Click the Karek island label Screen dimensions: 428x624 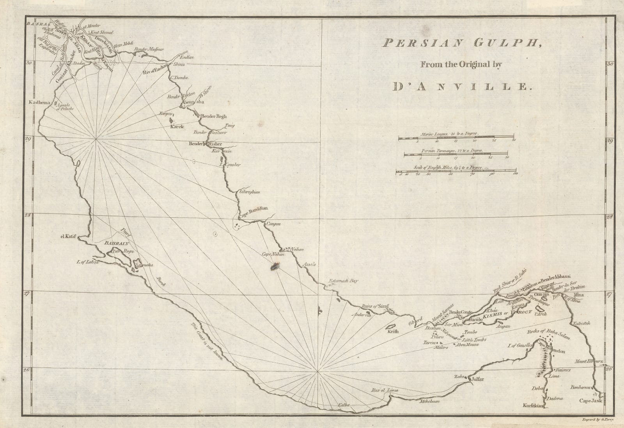click(x=176, y=127)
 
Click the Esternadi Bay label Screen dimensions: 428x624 click(x=343, y=281)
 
